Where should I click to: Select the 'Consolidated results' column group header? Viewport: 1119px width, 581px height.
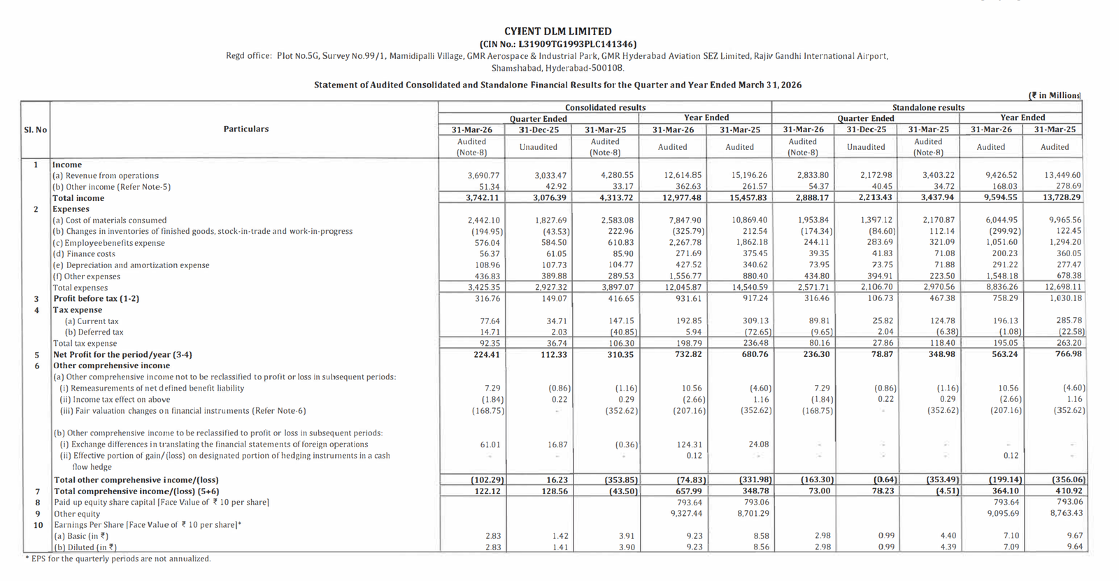(x=605, y=107)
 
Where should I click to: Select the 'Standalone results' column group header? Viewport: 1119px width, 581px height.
(x=927, y=107)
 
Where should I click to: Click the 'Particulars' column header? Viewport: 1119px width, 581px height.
(x=245, y=129)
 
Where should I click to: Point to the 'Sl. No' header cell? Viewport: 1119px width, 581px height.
(x=36, y=129)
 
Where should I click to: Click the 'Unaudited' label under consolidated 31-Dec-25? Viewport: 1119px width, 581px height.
(x=538, y=147)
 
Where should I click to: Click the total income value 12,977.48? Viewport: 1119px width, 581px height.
(x=683, y=198)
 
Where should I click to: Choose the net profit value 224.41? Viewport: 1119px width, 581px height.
(x=486, y=355)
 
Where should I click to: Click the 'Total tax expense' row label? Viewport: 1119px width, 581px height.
(x=85, y=344)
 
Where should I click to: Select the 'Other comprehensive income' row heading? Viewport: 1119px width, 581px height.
(x=111, y=365)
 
